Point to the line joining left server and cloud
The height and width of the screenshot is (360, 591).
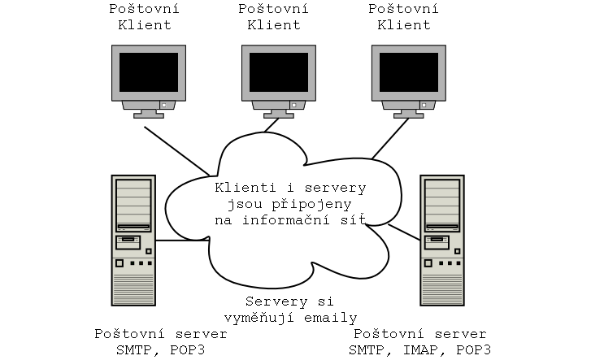tap(180, 241)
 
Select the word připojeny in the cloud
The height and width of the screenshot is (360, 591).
tap(305, 204)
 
